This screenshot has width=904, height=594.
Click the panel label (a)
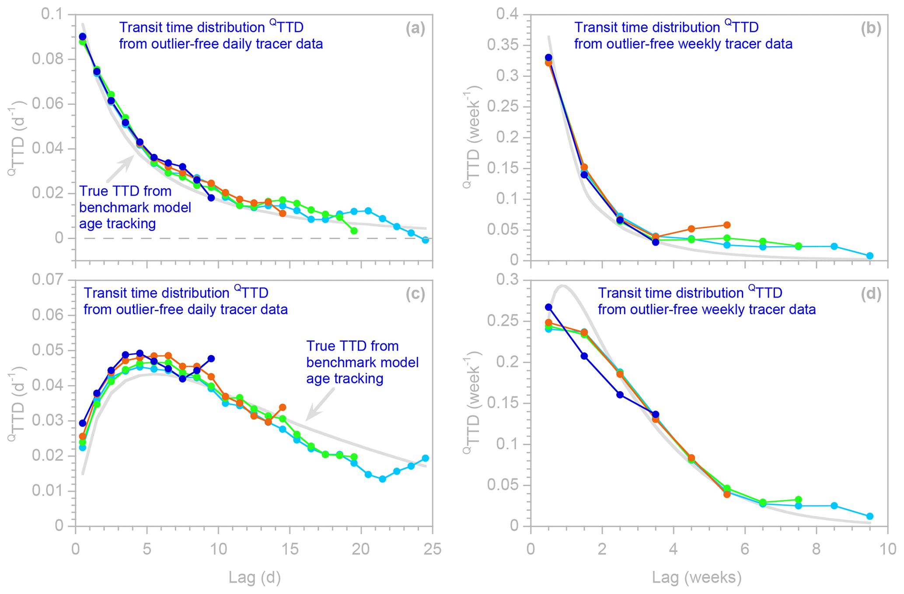[x=415, y=29]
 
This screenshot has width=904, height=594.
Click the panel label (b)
[x=871, y=29]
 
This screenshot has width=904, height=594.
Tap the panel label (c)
[x=415, y=294]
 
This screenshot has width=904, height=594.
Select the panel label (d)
[x=871, y=294]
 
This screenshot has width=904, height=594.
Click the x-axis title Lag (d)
[x=254, y=577]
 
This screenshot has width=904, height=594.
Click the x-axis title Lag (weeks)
[x=697, y=577]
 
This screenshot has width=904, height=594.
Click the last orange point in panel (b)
[x=727, y=225]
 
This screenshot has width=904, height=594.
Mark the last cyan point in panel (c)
[x=425, y=458]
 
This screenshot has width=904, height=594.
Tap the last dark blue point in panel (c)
[x=211, y=359]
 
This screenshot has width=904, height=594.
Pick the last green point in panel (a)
[x=354, y=231]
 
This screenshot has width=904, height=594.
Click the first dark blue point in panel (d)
[x=548, y=307]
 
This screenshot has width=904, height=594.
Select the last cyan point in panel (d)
[x=870, y=516]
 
